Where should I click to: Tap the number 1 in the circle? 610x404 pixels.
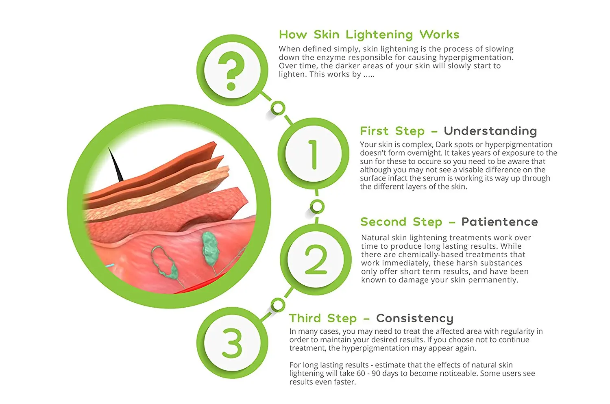pyautogui.click(x=313, y=154)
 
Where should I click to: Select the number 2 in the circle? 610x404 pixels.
pyautogui.click(x=316, y=260)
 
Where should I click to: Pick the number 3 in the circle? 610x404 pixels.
pyautogui.click(x=232, y=343)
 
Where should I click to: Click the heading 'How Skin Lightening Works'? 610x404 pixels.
pyautogui.click(x=369, y=35)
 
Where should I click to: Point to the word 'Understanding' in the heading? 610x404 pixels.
pyautogui.click(x=490, y=131)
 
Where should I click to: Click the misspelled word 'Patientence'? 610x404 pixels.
pyautogui.click(x=499, y=222)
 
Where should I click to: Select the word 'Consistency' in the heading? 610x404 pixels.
pyautogui.click(x=414, y=318)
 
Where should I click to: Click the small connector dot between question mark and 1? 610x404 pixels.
pyautogui.click(x=278, y=108)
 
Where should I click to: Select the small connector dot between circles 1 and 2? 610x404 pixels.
pyautogui.click(x=317, y=207)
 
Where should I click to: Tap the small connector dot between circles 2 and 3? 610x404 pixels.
pyautogui.click(x=278, y=304)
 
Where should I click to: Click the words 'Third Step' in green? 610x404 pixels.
pyautogui.click(x=323, y=318)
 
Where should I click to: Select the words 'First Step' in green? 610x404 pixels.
pyautogui.click(x=392, y=131)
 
